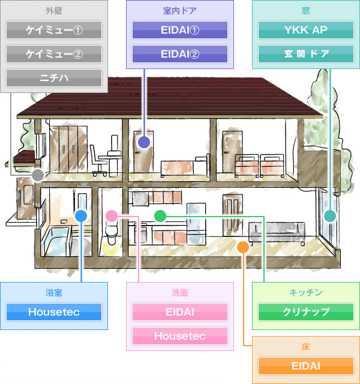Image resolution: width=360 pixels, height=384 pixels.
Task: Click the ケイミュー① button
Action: (x=54, y=30)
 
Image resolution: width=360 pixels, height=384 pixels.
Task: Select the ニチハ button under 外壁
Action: (x=54, y=78)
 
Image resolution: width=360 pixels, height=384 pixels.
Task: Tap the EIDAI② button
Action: (x=180, y=54)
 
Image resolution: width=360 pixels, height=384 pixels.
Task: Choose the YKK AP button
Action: (x=306, y=30)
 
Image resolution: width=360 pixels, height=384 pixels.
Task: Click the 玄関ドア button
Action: (x=306, y=54)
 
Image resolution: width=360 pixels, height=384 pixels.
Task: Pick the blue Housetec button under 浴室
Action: (x=54, y=312)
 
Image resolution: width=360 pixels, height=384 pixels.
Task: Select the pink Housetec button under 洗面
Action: (x=180, y=336)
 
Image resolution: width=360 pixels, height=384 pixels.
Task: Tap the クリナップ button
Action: (x=306, y=312)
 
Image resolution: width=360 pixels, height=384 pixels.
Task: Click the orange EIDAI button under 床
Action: (x=306, y=366)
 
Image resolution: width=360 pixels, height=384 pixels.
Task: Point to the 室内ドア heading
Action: (x=180, y=11)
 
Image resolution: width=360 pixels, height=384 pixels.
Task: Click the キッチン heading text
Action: (x=306, y=293)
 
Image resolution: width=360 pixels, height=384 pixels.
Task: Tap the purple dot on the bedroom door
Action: (x=144, y=142)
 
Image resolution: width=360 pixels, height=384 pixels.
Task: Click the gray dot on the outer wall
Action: (x=38, y=175)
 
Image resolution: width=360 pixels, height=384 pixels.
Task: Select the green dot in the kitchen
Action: (x=160, y=216)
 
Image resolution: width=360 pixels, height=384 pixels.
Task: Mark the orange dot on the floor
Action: (x=243, y=247)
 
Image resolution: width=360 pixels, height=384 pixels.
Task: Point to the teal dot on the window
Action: (x=330, y=216)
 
